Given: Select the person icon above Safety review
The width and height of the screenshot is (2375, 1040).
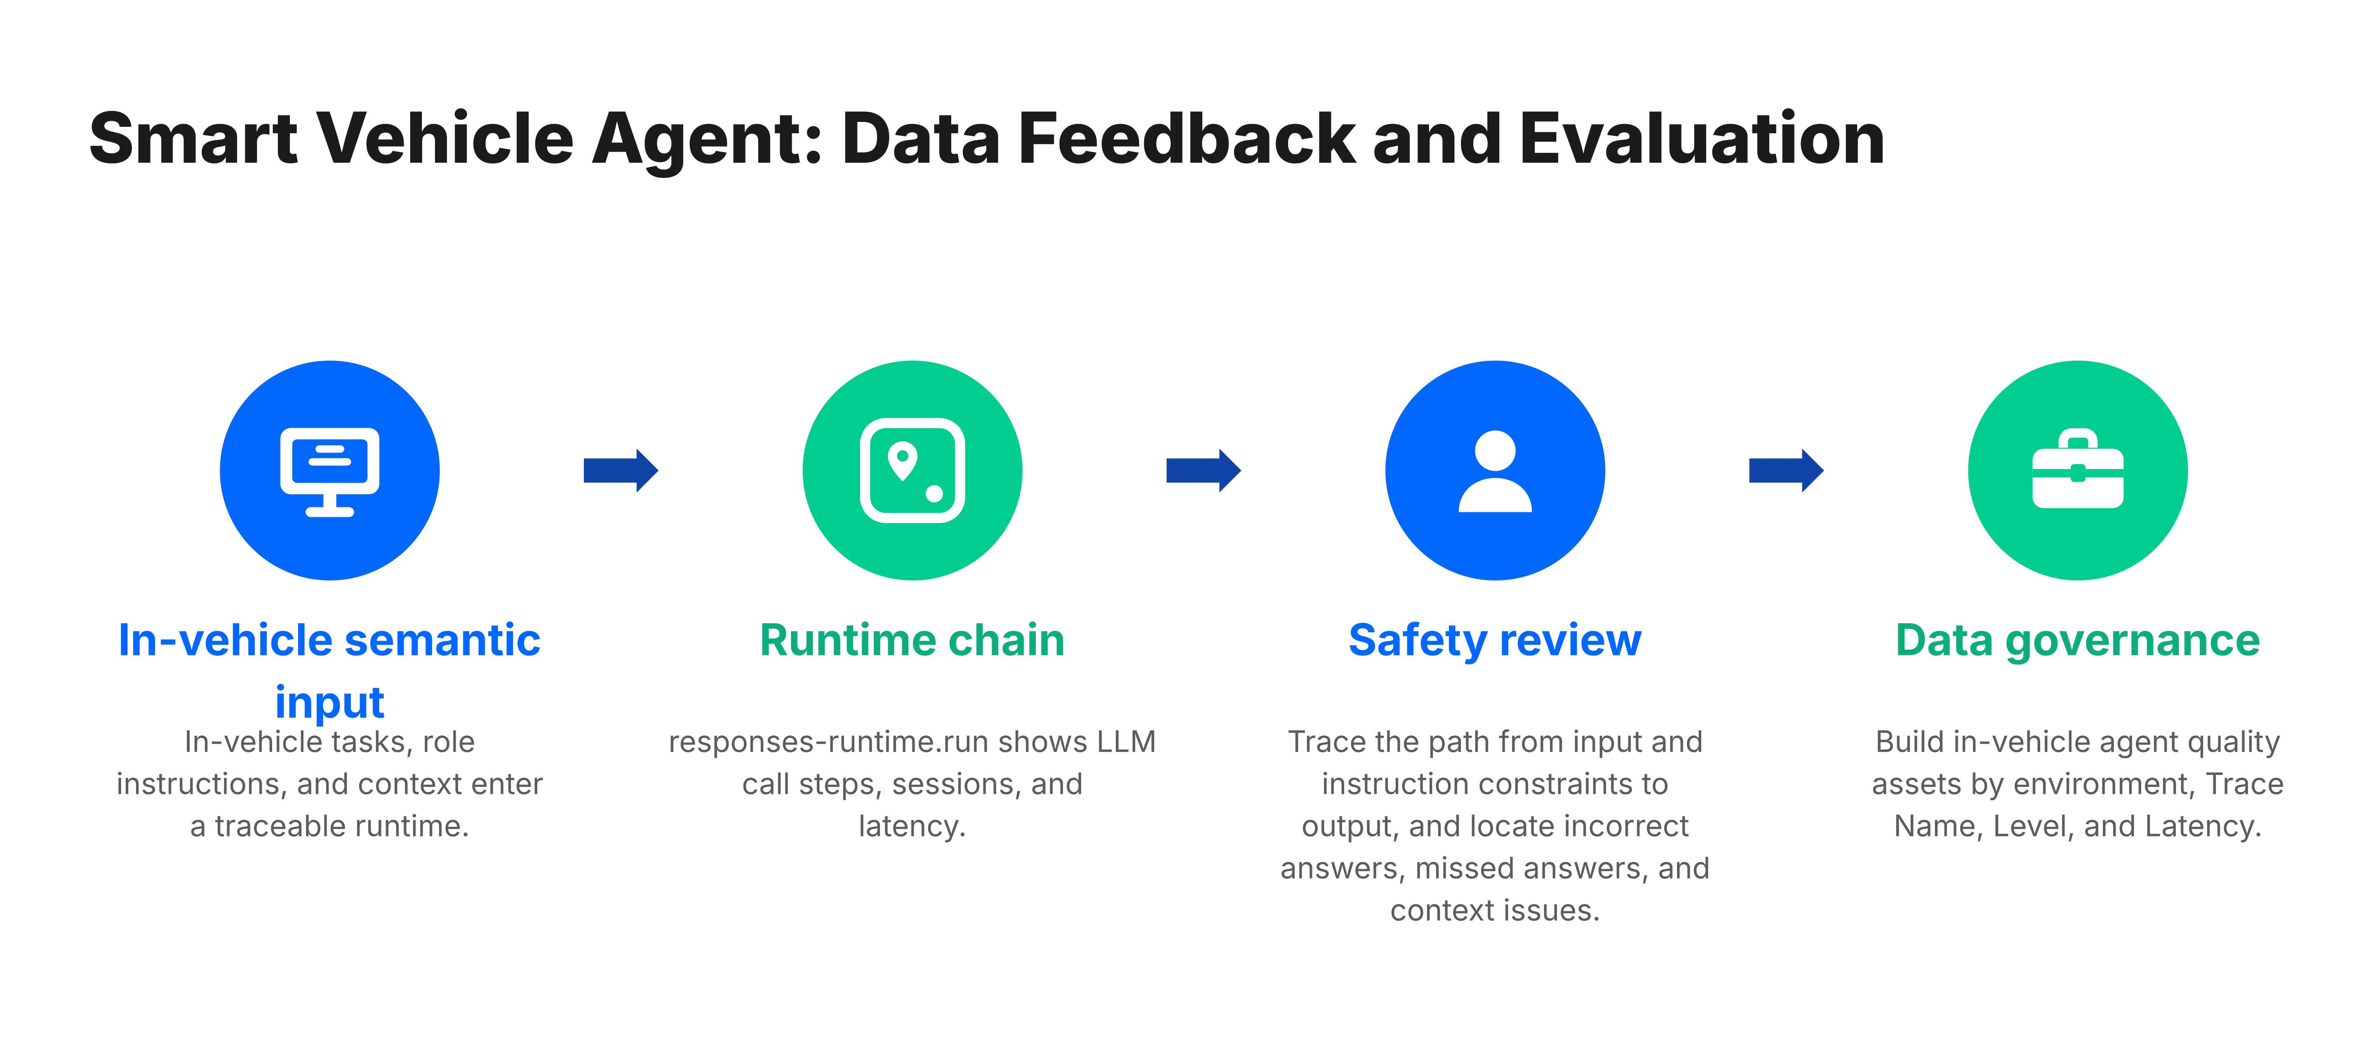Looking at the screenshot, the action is [x=1495, y=470].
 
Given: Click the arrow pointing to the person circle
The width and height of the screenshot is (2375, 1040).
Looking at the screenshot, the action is [x=1203, y=470].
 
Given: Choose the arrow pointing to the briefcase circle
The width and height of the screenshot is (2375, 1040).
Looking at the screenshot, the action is [x=1786, y=470].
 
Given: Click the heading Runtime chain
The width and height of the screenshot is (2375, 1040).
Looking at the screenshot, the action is [x=912, y=640].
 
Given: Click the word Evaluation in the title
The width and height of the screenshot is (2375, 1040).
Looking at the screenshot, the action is [x=1701, y=139].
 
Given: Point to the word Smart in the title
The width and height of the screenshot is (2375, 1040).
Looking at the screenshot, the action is [x=194, y=139].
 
